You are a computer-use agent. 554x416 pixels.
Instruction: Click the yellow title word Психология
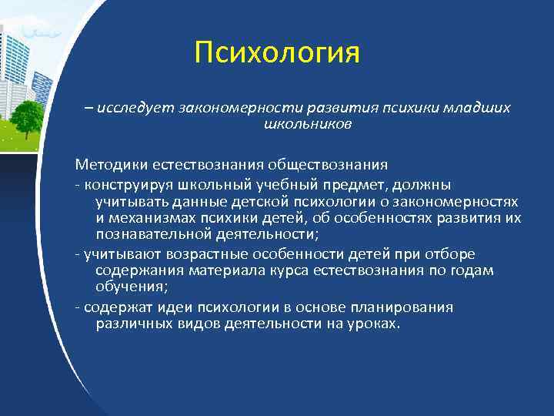point(277,53)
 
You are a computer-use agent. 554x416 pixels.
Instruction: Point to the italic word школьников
point(308,124)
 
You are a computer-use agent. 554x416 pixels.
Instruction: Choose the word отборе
point(451,254)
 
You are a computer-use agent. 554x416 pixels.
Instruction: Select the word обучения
point(128,287)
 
